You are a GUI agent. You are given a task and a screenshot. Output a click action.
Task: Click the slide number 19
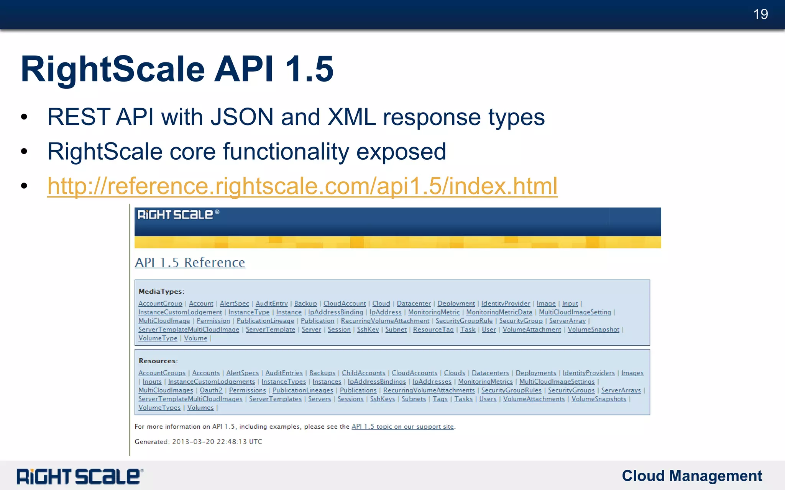point(760,14)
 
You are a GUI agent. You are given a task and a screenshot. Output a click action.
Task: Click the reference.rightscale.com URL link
point(302,186)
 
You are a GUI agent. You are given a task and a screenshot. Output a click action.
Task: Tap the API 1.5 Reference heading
point(190,263)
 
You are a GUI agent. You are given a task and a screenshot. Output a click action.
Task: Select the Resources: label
point(158,361)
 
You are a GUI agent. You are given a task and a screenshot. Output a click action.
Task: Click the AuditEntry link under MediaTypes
point(271,303)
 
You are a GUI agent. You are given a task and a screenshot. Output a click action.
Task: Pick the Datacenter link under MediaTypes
point(414,303)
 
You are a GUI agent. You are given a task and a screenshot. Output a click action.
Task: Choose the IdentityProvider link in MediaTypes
point(506,303)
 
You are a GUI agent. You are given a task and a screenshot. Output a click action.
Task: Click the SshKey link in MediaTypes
point(368,329)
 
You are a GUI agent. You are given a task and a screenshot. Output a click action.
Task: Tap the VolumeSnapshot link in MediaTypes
point(593,329)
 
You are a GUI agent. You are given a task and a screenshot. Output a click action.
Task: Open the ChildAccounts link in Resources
point(363,373)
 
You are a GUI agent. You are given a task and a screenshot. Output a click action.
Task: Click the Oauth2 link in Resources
point(211,390)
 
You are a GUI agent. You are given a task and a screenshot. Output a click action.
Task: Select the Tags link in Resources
point(440,399)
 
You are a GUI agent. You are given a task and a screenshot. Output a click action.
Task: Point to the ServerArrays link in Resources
point(621,390)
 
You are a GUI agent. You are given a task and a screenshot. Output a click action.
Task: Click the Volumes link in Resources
point(200,408)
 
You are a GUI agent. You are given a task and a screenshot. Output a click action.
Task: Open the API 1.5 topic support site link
point(402,426)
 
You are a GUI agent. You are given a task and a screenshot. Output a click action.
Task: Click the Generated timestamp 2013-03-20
point(217,441)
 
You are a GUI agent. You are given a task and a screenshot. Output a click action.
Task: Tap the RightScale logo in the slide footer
point(79,476)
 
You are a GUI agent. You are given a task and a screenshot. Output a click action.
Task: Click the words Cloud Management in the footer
point(691,476)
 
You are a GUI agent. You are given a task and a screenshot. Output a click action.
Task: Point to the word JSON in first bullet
point(242,117)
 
